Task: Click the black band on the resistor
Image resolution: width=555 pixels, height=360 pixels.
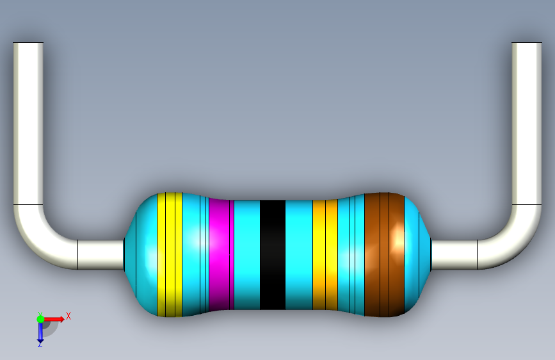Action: click(273, 254)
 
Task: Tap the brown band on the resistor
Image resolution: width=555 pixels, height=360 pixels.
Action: click(384, 254)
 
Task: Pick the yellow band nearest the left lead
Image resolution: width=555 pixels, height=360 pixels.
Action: click(170, 254)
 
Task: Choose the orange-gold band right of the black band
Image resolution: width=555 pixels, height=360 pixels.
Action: click(325, 254)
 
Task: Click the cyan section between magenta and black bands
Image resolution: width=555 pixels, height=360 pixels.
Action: click(247, 254)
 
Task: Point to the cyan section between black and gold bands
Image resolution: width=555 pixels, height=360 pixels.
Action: click(299, 254)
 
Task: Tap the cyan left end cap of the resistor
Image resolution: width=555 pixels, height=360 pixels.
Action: click(141, 254)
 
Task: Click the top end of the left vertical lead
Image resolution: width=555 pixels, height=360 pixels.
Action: click(28, 43)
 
